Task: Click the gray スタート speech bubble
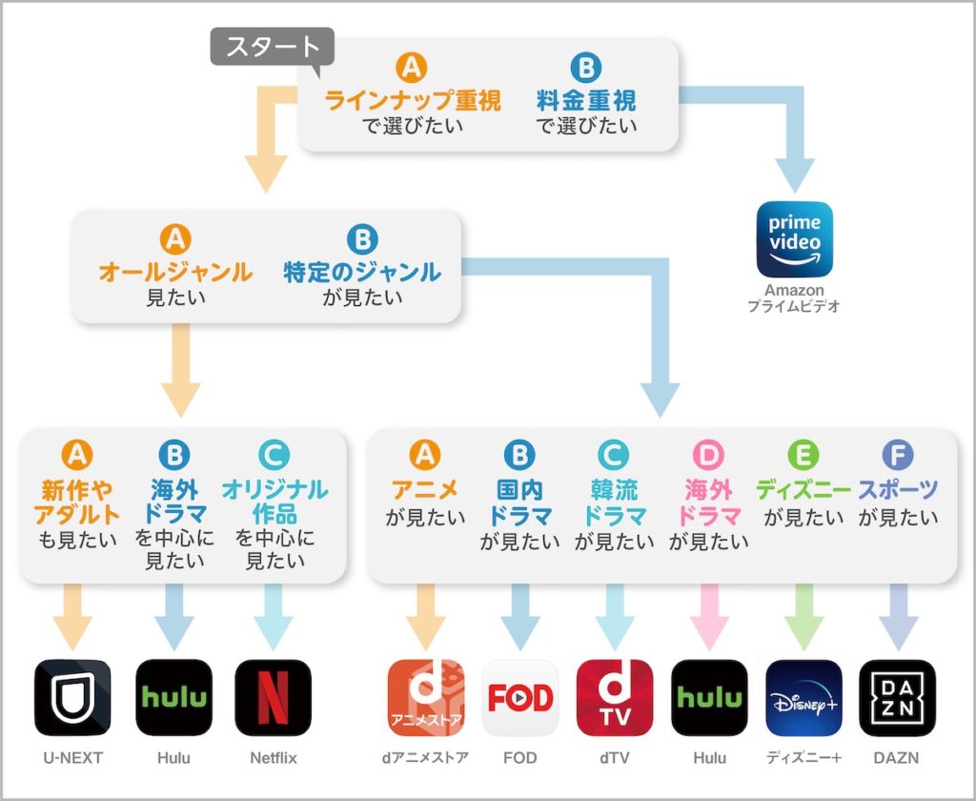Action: pyautogui.click(x=272, y=45)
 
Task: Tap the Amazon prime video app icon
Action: pyautogui.click(x=794, y=239)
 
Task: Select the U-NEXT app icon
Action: pyautogui.click(x=72, y=697)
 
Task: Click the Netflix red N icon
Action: pyautogui.click(x=273, y=697)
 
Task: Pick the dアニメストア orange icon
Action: pyautogui.click(x=426, y=697)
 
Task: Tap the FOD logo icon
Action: pyautogui.click(x=520, y=697)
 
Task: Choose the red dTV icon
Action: pyautogui.click(x=615, y=697)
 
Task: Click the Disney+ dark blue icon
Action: pyautogui.click(x=803, y=697)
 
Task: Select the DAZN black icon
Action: pyautogui.click(x=897, y=697)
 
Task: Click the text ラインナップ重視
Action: pyautogui.click(x=413, y=100)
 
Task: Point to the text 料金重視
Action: pyautogui.click(x=586, y=100)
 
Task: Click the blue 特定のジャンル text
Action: pyautogui.click(x=362, y=272)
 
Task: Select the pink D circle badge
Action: pyautogui.click(x=708, y=455)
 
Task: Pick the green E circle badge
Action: pyautogui.click(x=803, y=455)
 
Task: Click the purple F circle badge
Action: pyautogui.click(x=898, y=455)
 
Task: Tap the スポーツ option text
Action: pyautogui.click(x=898, y=491)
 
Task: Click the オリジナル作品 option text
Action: pyautogui.click(x=274, y=502)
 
